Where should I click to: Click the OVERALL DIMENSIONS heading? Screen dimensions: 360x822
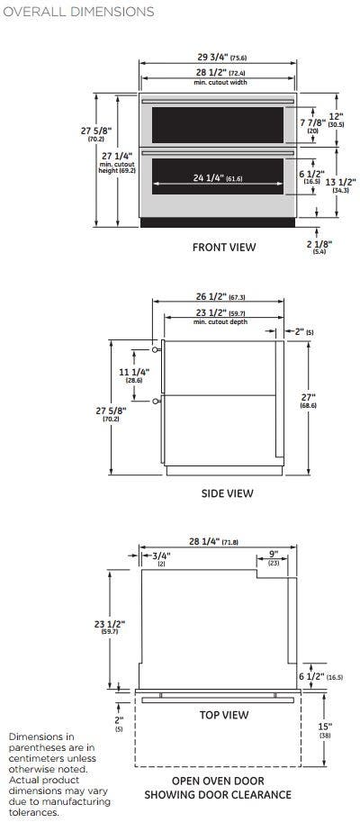click(x=78, y=12)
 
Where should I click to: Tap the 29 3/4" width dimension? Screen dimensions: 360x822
click(x=217, y=57)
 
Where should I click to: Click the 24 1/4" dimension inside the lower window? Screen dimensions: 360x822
click(x=218, y=178)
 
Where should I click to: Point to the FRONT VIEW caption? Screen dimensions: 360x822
click(x=224, y=247)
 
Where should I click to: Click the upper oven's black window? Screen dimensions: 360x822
click(x=218, y=125)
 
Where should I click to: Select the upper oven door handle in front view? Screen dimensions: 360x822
click(x=218, y=101)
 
